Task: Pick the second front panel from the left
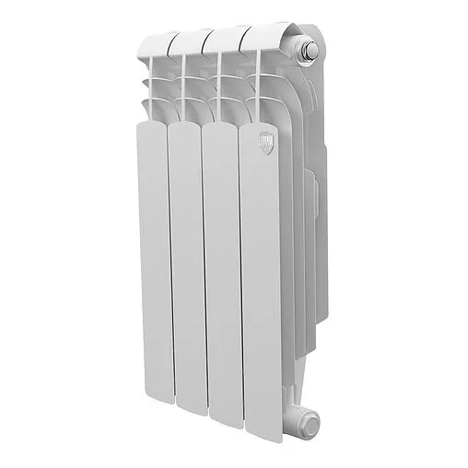coord(186,267)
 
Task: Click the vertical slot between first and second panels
coord(169,267)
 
